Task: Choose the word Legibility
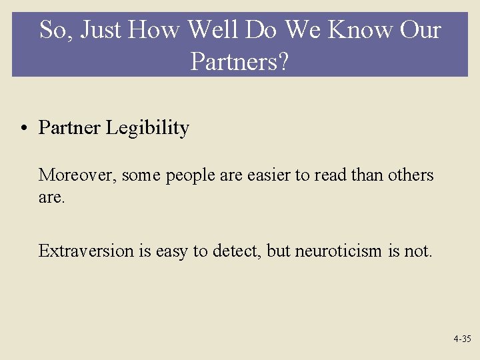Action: pyautogui.click(x=147, y=128)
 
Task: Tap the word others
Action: pyautogui.click(x=410, y=175)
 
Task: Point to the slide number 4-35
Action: pyautogui.click(x=461, y=339)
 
